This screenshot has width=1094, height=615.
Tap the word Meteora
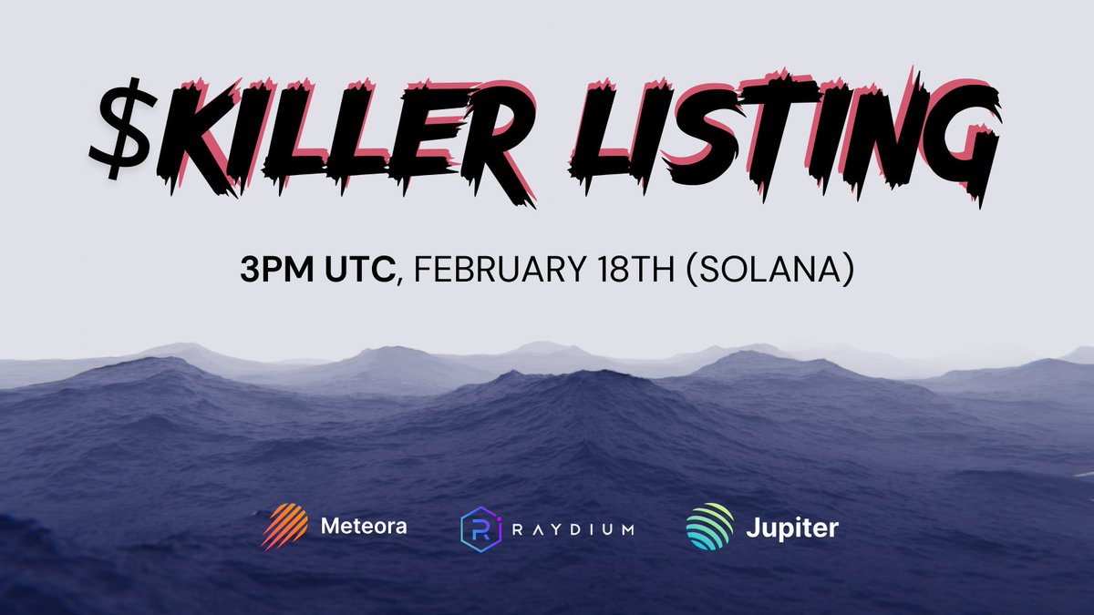coord(364,527)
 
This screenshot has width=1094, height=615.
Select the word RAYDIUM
coord(574,529)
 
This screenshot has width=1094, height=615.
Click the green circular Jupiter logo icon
coord(709,528)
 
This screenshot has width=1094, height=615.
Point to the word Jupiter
coord(792,528)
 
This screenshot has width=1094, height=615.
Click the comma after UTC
coord(402,280)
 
